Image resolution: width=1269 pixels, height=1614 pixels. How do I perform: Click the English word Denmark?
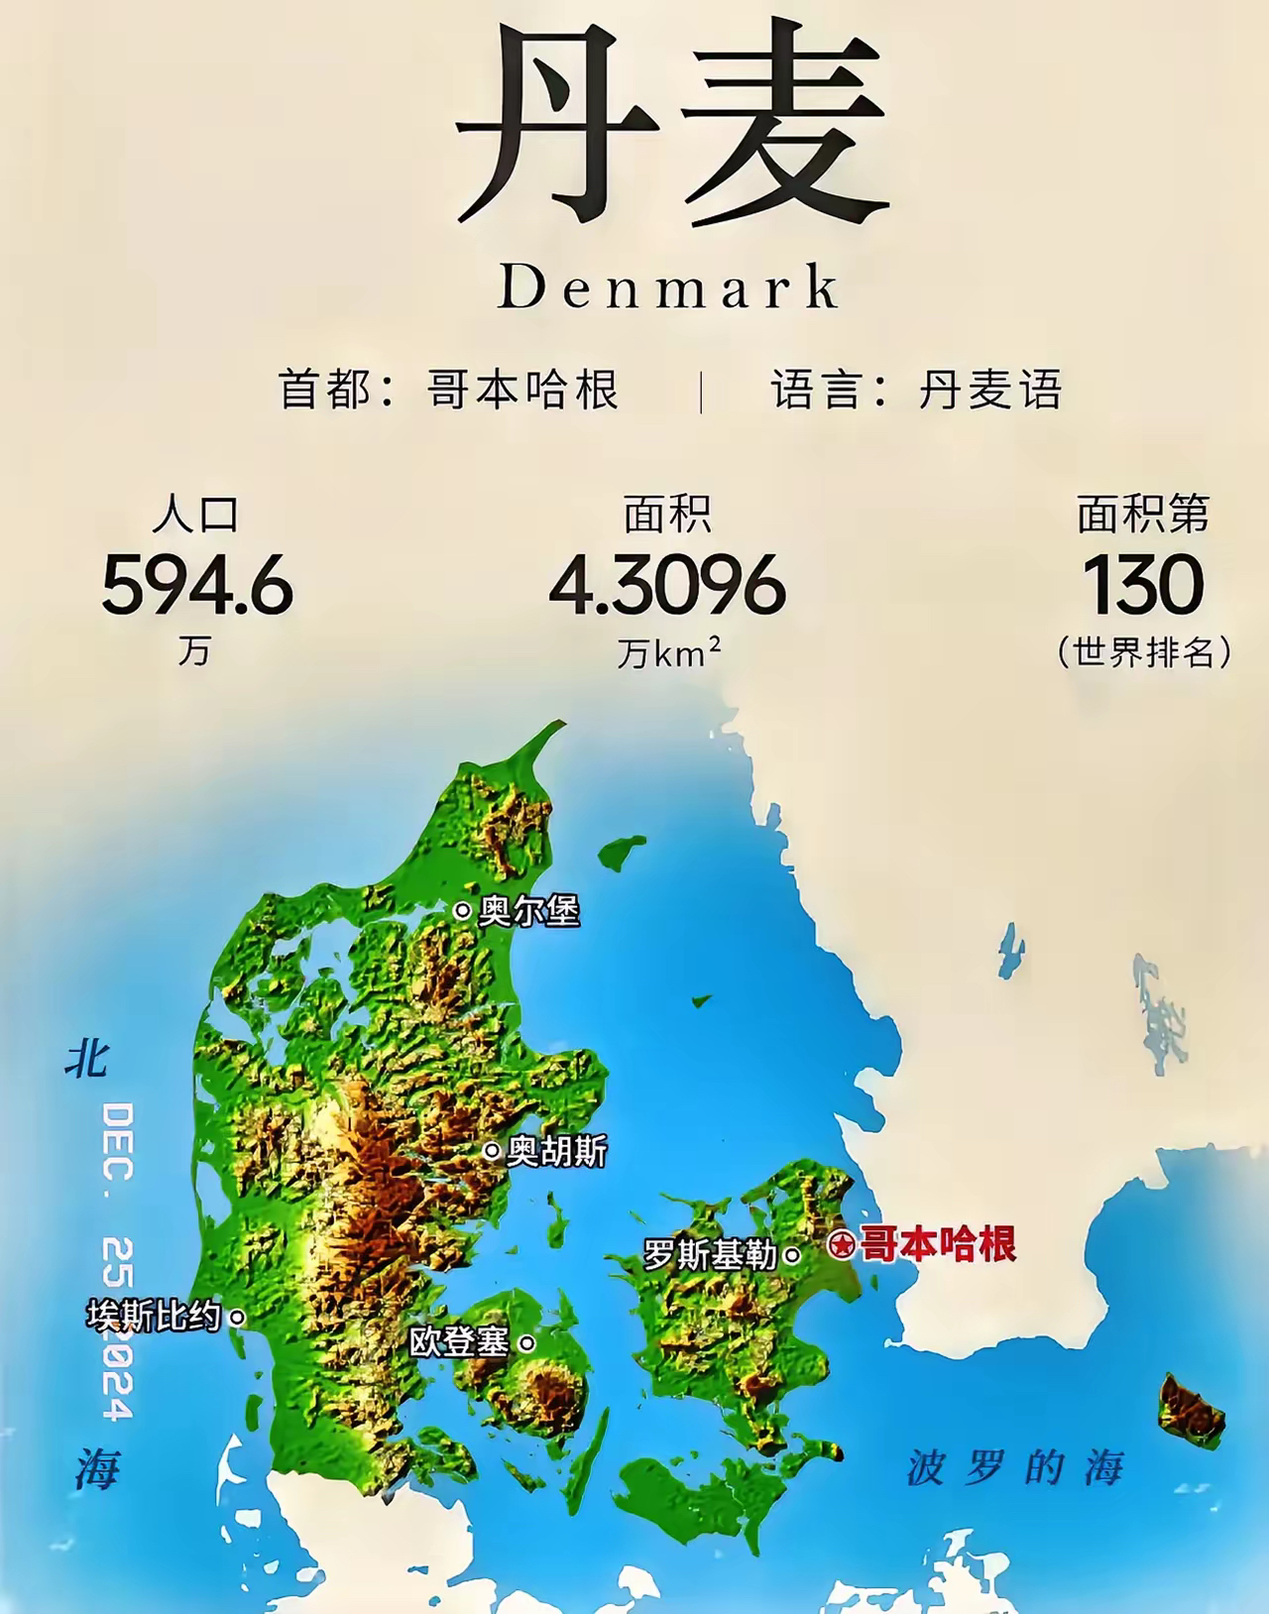tap(669, 288)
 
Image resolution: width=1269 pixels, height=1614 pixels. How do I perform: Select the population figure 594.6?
tap(197, 584)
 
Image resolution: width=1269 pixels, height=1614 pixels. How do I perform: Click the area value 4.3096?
tap(667, 584)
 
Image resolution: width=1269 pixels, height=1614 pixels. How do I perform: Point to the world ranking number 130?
tap(1143, 584)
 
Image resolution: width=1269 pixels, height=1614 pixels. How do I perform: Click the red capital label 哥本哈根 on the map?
tap(938, 1243)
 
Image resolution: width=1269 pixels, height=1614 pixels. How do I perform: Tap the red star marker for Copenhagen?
tap(842, 1244)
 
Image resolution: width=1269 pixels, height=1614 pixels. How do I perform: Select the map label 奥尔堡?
tap(528, 910)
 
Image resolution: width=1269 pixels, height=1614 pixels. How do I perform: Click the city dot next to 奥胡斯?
tap(492, 1151)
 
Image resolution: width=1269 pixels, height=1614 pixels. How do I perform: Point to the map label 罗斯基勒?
tap(710, 1255)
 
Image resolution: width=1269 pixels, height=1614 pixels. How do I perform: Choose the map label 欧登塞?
tap(459, 1342)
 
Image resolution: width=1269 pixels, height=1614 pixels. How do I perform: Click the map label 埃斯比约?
tap(153, 1316)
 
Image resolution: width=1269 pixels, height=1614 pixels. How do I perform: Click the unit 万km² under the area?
tap(668, 652)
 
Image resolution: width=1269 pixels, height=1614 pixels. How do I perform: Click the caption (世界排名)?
tap(1144, 651)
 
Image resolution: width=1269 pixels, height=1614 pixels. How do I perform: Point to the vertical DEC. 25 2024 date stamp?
tap(118, 1260)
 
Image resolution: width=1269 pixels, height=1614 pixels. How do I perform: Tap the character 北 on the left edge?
tap(88, 1059)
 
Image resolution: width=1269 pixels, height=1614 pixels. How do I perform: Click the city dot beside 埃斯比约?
tap(237, 1317)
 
